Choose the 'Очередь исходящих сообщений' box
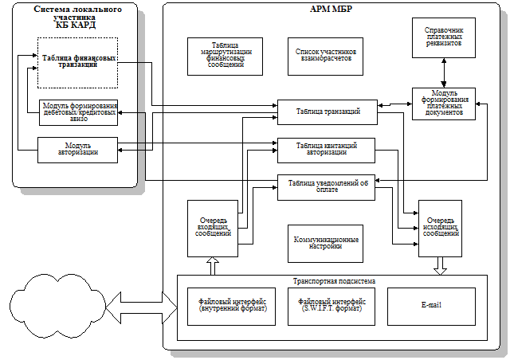[x=441, y=228]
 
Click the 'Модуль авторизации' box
[x=77, y=150]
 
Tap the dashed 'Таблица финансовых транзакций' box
[x=77, y=62]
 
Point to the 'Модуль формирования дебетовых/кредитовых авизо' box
[x=77, y=112]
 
